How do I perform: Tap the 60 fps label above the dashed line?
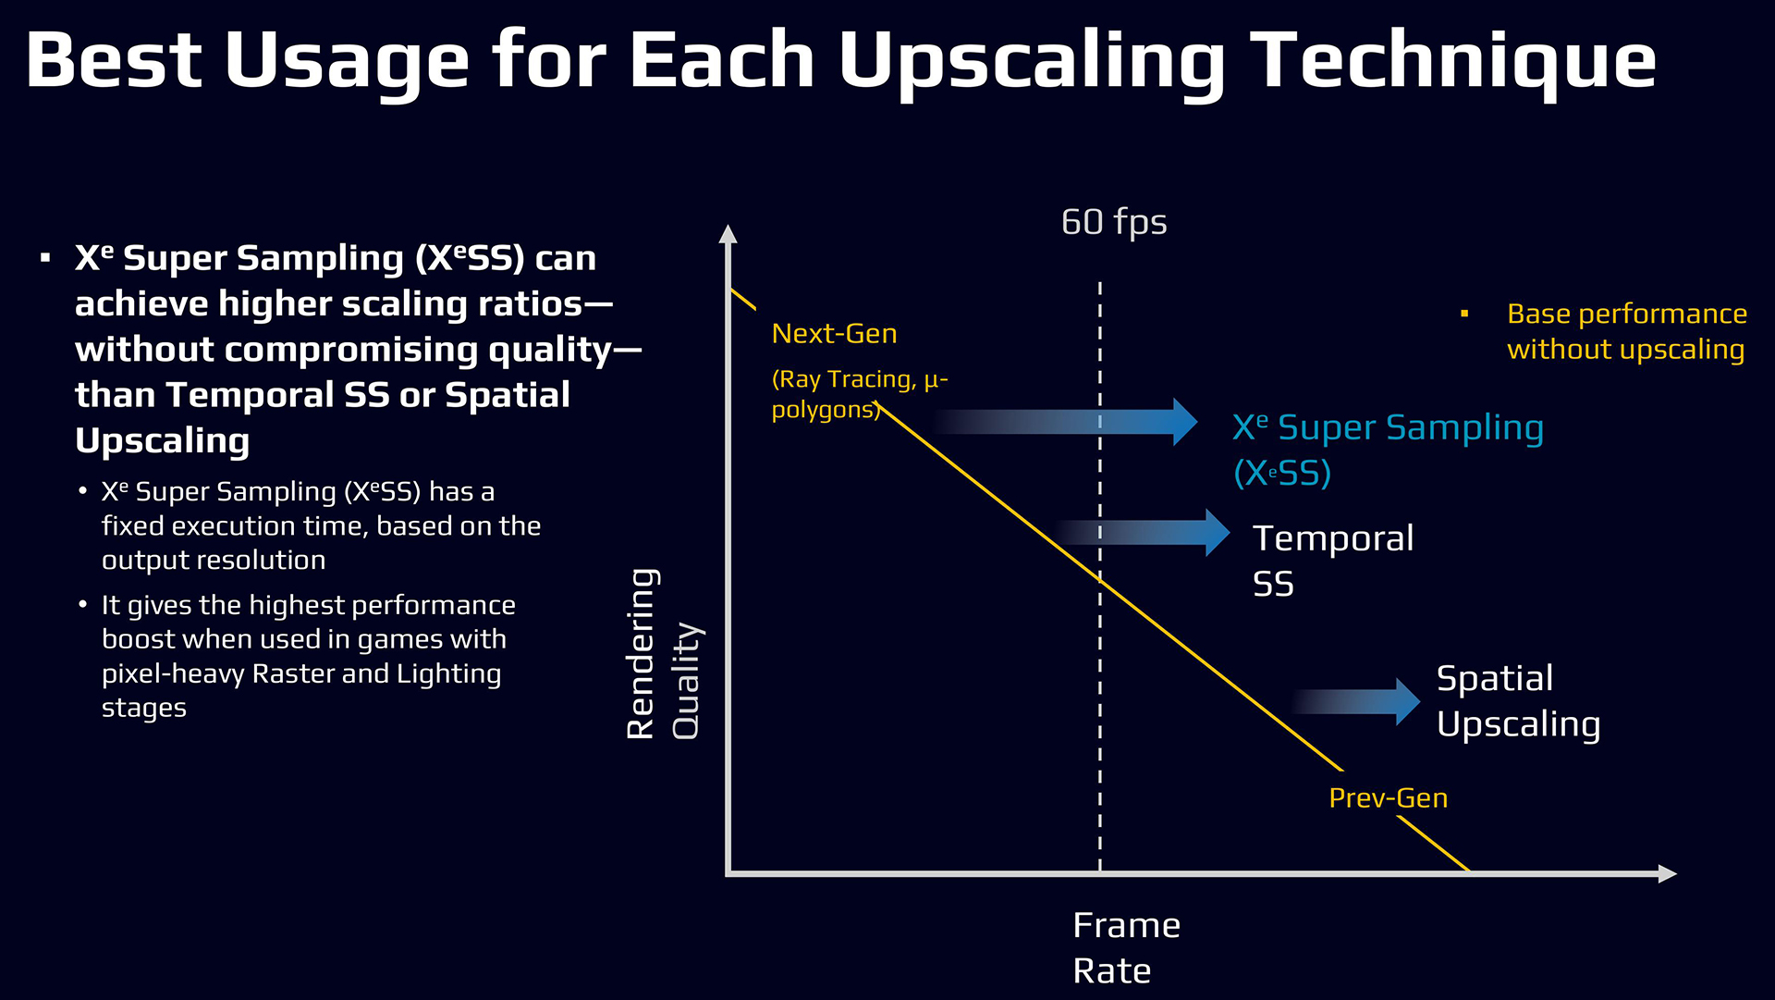(1114, 223)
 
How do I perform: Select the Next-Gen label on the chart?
(834, 333)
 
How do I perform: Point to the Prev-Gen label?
(1388, 797)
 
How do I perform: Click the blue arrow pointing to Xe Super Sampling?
(1065, 422)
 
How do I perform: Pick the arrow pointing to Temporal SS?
(1141, 533)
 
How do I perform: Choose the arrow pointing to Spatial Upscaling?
(1355, 702)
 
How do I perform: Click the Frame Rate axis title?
(1126, 947)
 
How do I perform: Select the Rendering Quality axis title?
(663, 654)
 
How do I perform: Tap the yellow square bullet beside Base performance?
(1464, 315)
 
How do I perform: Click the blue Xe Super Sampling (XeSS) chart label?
(1388, 450)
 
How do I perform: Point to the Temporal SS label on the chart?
(1333, 561)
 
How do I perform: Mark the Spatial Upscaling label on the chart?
(1518, 701)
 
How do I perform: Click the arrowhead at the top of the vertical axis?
(728, 232)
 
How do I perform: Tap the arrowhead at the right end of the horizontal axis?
(1667, 873)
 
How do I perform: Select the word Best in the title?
(114, 60)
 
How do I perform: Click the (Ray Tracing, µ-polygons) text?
(860, 394)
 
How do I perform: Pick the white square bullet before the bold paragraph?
(45, 258)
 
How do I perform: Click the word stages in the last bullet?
(144, 709)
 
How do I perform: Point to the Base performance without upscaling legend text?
(1627, 331)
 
